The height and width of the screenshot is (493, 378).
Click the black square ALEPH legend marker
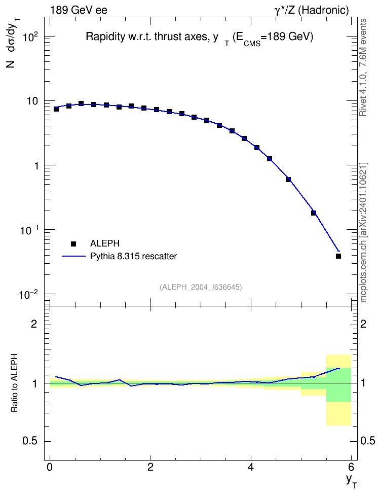pyautogui.click(x=73, y=243)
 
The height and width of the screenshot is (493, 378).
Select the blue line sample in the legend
pyautogui.click(x=73, y=256)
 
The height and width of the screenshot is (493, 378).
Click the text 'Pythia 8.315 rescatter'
pyautogui.click(x=134, y=256)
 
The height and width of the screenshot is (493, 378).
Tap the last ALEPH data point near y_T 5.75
pyautogui.click(x=338, y=256)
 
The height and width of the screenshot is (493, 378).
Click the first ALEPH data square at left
pyautogui.click(x=56, y=109)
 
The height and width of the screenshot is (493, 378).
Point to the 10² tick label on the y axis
pyautogui.click(x=30, y=37)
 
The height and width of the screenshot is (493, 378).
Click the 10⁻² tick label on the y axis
pyautogui.click(x=29, y=295)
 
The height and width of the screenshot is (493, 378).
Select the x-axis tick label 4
pyautogui.click(x=251, y=467)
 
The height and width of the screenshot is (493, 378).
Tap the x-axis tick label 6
pyautogui.click(x=351, y=467)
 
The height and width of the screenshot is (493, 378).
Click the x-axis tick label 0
pyautogui.click(x=50, y=467)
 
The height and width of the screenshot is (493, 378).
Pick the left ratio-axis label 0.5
pyautogui.click(x=30, y=441)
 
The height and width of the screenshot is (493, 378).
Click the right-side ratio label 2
pyautogui.click(x=363, y=324)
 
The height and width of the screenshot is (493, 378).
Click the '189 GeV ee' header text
pyautogui.click(x=79, y=10)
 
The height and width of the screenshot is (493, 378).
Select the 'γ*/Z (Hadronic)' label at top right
pyautogui.click(x=312, y=10)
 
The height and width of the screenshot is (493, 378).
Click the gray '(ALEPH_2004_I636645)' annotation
pyautogui.click(x=201, y=287)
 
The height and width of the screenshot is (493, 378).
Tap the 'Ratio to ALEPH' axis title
pyautogui.click(x=14, y=383)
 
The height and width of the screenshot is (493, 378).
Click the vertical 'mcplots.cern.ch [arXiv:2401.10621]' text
pyautogui.click(x=363, y=233)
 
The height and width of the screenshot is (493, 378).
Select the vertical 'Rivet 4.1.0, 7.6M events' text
pyautogui.click(x=363, y=67)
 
